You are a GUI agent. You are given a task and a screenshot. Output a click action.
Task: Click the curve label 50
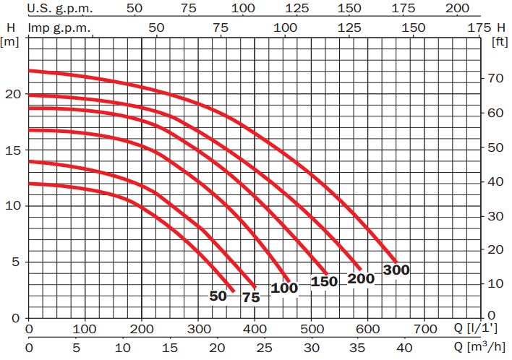click(x=218, y=296)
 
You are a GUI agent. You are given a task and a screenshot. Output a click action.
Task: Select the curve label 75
click(x=251, y=297)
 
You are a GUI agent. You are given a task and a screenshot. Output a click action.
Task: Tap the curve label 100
click(x=285, y=288)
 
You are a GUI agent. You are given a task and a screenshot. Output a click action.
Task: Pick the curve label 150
click(x=324, y=282)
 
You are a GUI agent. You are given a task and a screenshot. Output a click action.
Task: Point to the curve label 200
click(x=361, y=278)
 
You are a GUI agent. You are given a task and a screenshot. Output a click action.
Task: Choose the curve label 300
click(x=396, y=270)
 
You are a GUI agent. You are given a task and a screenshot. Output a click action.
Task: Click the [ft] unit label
click(x=499, y=40)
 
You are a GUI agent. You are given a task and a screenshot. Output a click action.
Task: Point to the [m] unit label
click(x=11, y=40)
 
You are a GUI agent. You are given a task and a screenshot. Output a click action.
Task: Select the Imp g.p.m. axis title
click(x=60, y=27)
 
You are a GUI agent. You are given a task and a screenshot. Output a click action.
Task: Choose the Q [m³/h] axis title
click(x=479, y=347)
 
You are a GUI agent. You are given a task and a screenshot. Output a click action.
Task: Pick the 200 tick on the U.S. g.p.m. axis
click(x=458, y=8)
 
